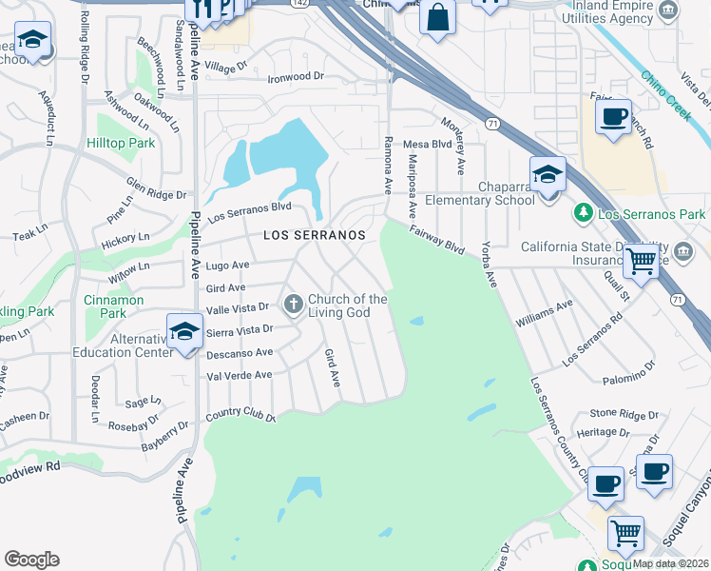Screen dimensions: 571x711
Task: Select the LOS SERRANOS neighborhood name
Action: click(x=314, y=234)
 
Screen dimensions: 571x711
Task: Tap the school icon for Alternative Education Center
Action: click(x=184, y=331)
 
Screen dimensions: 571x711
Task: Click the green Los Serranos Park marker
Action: click(x=585, y=213)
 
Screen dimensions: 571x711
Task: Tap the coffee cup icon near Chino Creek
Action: click(x=613, y=116)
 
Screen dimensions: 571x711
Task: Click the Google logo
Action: click(x=31, y=560)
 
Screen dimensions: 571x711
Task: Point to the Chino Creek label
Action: click(x=665, y=95)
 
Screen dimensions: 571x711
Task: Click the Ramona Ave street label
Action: click(x=388, y=164)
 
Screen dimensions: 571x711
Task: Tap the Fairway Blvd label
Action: click(x=437, y=240)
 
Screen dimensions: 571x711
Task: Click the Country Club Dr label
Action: click(x=240, y=417)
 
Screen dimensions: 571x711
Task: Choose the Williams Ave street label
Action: click(x=544, y=313)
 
